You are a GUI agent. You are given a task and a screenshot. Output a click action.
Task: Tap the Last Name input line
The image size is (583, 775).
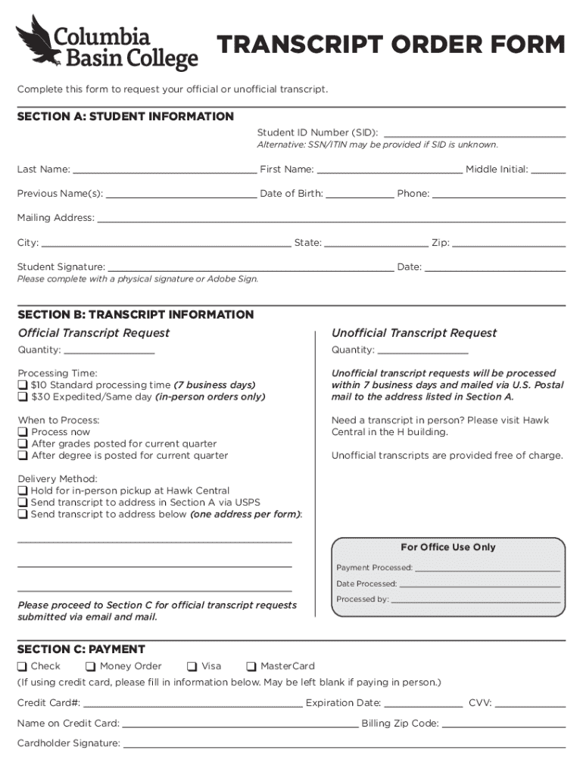pyautogui.click(x=164, y=169)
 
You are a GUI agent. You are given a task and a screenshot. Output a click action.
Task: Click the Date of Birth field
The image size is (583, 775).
pyautogui.click(x=360, y=193)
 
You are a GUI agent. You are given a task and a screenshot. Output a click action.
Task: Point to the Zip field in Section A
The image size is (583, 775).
pyautogui.click(x=509, y=242)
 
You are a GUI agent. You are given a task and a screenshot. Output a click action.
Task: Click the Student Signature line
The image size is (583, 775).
pyautogui.click(x=250, y=266)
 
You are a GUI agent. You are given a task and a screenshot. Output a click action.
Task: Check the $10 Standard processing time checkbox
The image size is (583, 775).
pyautogui.click(x=23, y=385)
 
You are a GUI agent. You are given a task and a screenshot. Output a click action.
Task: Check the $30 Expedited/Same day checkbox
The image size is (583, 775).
pyautogui.click(x=23, y=397)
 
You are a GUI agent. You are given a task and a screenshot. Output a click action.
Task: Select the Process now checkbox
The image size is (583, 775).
pyautogui.click(x=23, y=432)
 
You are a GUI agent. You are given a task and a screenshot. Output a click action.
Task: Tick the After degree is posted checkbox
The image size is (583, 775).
pyautogui.click(x=23, y=456)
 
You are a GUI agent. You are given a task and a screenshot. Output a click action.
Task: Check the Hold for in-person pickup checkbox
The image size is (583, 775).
pyautogui.click(x=23, y=491)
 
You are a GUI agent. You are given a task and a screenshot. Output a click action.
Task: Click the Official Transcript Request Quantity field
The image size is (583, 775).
pyautogui.click(x=110, y=349)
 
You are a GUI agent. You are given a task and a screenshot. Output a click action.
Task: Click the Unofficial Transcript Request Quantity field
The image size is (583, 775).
pyautogui.click(x=422, y=349)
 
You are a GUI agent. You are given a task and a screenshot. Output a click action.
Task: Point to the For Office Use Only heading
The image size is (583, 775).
pyautogui.click(x=448, y=547)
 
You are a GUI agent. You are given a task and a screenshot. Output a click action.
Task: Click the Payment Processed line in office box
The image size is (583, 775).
pyautogui.click(x=488, y=567)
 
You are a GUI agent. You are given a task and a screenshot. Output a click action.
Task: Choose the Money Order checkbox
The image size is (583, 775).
pyautogui.click(x=91, y=667)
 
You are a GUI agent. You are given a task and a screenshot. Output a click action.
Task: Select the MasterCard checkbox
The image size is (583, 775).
pyautogui.click(x=252, y=667)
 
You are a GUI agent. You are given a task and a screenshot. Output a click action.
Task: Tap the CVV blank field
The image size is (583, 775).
pyautogui.click(x=530, y=702)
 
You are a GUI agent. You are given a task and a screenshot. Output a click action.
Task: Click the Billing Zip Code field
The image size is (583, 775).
pyautogui.click(x=503, y=723)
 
